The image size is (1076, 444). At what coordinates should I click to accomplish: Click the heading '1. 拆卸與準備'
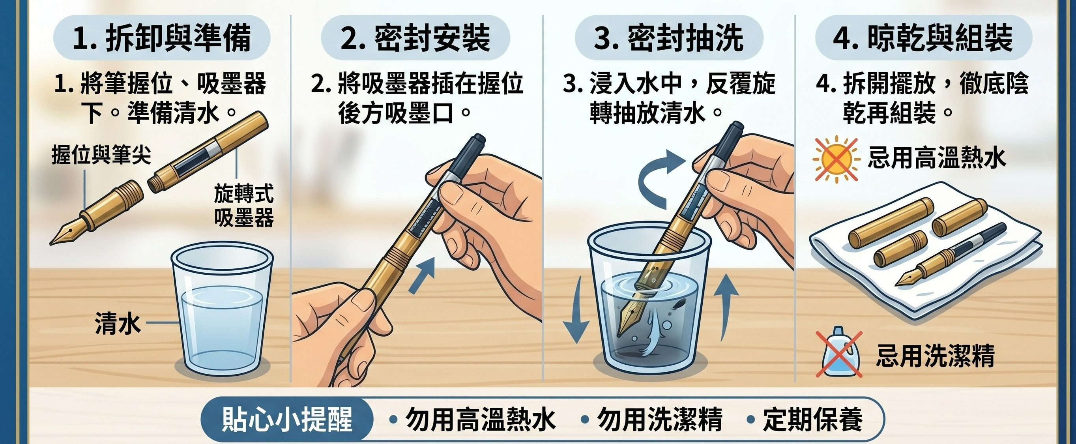pyautogui.click(x=162, y=38)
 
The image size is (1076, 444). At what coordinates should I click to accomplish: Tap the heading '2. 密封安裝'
pyautogui.click(x=415, y=38)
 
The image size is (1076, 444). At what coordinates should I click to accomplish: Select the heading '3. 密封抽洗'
pyautogui.click(x=669, y=38)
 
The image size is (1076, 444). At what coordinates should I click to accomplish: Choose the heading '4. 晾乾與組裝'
pyautogui.click(x=924, y=38)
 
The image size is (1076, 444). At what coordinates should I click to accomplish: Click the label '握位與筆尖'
pyautogui.click(x=101, y=155)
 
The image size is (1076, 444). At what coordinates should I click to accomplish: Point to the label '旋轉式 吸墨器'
pyautogui.click(x=244, y=206)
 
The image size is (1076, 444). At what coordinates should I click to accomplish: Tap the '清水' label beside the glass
pyautogui.click(x=118, y=324)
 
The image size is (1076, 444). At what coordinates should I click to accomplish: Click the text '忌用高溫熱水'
pyautogui.click(x=937, y=158)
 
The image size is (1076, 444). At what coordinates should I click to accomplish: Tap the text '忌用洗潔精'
pyautogui.click(x=935, y=356)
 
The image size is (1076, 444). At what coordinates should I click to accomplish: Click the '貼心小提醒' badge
pyautogui.click(x=286, y=419)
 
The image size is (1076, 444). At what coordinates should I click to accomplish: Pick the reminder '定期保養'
pyautogui.click(x=813, y=420)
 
